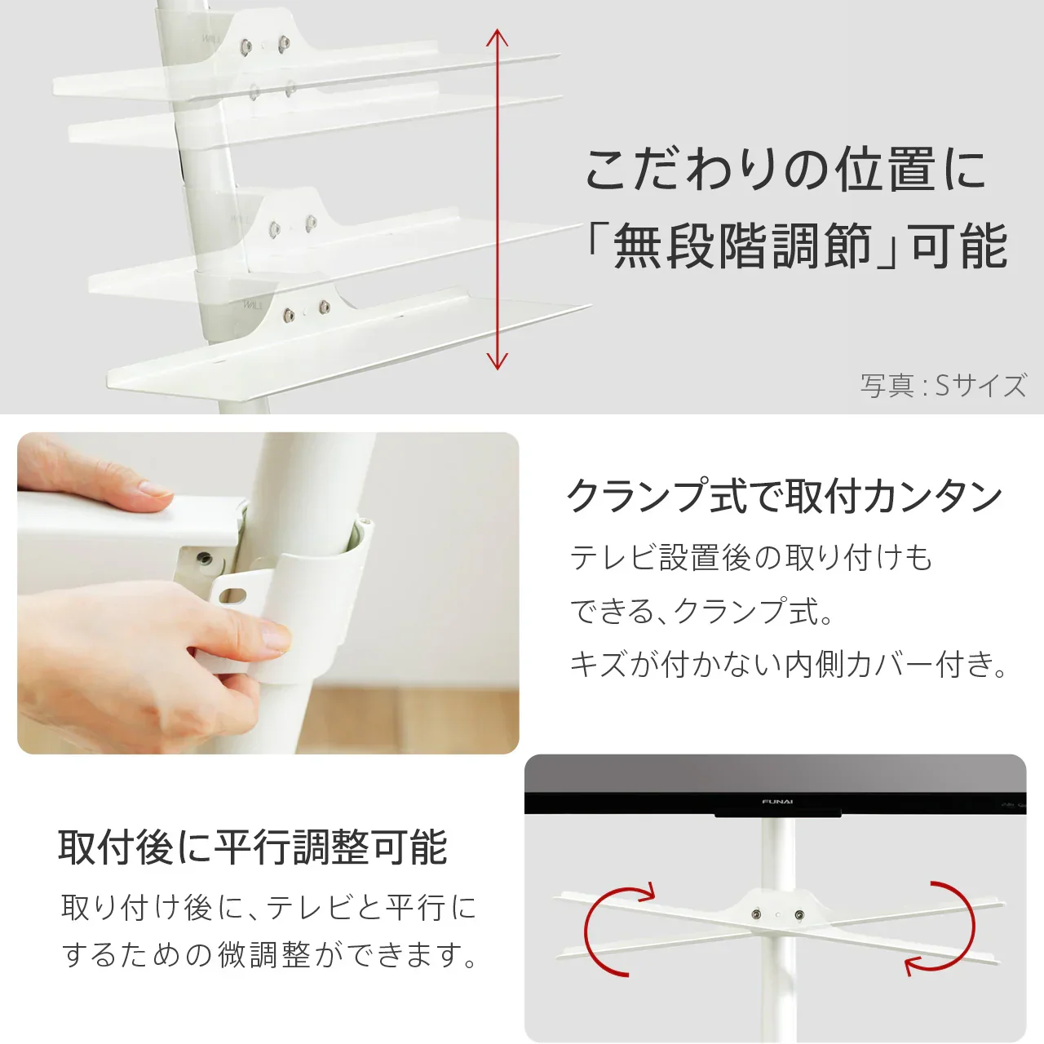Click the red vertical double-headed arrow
coord(497,200)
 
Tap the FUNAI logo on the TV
coord(777,802)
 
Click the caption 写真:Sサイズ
coord(943,385)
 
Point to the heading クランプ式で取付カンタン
coord(784,496)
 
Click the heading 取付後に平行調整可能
coord(252,847)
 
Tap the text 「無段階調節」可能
coord(795,246)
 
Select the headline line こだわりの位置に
coord(785,170)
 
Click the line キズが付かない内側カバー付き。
coord(789,664)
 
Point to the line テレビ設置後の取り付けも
coord(750,558)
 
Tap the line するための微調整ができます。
coord(270,954)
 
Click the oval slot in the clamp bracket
coord(234,593)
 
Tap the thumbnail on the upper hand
coord(153,489)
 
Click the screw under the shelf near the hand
coord(204,559)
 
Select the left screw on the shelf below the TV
coord(758,915)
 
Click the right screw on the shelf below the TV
coord(798,915)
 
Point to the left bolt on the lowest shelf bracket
coord(288,314)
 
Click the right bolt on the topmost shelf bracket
coord(284,44)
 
